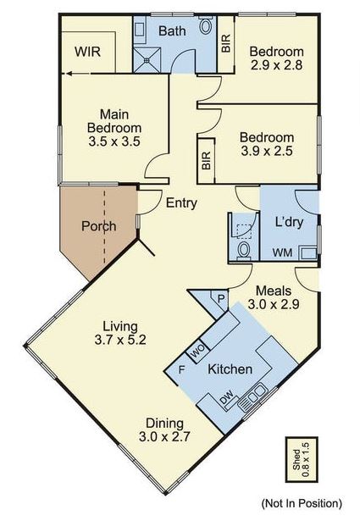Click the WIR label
tap(87, 52)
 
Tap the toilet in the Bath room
tap(206, 25)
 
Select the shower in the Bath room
tap(147, 60)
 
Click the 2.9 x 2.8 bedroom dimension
tap(276, 64)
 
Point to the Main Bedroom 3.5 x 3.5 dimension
tap(114, 141)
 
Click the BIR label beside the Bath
tap(226, 43)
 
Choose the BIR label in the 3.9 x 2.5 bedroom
tap(206, 160)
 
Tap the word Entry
tap(181, 203)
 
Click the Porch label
tap(98, 226)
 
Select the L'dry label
tap(289, 222)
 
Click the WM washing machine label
tap(283, 252)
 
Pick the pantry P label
tap(221, 298)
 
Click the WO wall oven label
tap(198, 352)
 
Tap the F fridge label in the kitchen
tap(181, 369)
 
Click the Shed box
tap(302, 459)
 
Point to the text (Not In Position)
tap(302, 503)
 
